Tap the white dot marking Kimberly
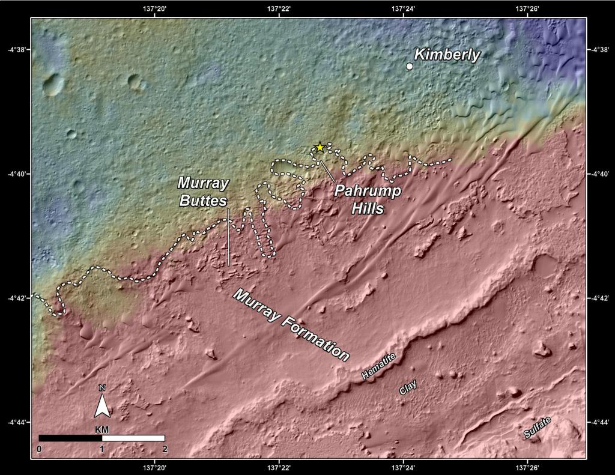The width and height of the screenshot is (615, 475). coord(410,66)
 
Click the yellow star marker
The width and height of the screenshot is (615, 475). coord(320,147)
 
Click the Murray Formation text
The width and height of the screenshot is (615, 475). coord(291,324)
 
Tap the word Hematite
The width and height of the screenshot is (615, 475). coord(379,366)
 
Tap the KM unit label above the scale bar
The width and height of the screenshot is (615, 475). coord(102,431)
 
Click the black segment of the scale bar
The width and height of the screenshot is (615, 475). coord(70,438)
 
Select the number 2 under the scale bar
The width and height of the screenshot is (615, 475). coord(164,449)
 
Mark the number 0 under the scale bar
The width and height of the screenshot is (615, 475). coord(39,449)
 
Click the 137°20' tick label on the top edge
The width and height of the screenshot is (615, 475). coord(155,8)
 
